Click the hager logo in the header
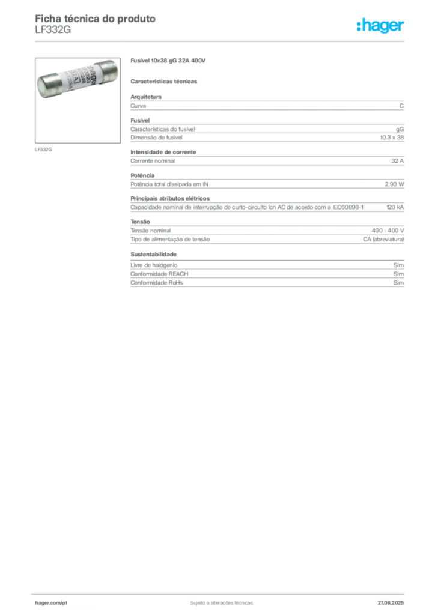(380, 25)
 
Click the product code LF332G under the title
(53, 30)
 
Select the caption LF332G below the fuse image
(43, 150)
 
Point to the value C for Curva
(401, 106)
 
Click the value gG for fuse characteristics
(400, 129)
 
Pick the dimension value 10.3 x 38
(392, 138)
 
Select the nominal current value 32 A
(397, 161)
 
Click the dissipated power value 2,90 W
(394, 184)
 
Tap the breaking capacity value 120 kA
(395, 207)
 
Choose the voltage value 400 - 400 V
(388, 231)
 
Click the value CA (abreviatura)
(383, 239)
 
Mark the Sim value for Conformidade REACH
(398, 274)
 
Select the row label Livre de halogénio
(154, 265)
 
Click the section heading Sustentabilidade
(153, 254)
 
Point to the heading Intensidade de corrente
(163, 152)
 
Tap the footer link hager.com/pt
(51, 603)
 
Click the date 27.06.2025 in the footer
(391, 603)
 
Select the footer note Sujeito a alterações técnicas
(222, 603)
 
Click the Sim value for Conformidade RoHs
(398, 283)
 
